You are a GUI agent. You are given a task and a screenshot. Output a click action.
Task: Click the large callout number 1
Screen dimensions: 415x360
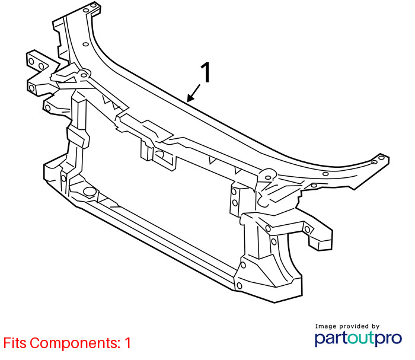[206, 72]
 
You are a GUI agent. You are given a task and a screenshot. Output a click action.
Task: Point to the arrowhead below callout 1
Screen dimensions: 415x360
[190, 98]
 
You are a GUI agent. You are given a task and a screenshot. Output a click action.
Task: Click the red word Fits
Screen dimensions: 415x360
[15, 343]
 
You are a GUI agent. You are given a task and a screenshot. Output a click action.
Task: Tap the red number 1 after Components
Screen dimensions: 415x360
[128, 343]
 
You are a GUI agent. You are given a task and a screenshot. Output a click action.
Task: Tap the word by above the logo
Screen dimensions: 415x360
[375, 327]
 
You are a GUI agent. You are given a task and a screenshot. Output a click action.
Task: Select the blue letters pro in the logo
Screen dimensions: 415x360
[388, 339]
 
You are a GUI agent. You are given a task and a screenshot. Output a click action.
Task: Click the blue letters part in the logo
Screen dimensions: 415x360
[331, 339]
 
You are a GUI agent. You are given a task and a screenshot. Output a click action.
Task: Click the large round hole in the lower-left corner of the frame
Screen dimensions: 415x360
[89, 192]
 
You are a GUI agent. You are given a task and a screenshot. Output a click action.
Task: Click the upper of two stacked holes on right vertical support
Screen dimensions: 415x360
[234, 192]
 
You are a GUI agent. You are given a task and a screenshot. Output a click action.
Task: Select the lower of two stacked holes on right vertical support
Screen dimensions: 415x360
[235, 203]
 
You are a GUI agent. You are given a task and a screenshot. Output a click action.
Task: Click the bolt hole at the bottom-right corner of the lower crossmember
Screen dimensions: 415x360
[240, 286]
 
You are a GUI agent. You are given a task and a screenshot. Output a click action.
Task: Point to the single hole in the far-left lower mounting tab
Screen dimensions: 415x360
[48, 108]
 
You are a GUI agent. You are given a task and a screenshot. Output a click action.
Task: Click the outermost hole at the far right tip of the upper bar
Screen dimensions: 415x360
[381, 158]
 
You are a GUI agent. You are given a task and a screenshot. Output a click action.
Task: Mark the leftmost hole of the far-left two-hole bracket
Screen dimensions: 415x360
[31, 62]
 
